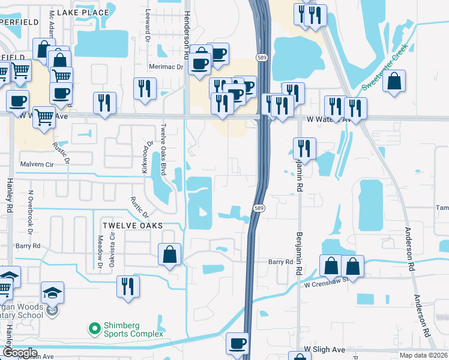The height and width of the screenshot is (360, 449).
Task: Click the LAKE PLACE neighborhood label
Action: click(x=85, y=12)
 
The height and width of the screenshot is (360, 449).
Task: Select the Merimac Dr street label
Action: click(x=166, y=67)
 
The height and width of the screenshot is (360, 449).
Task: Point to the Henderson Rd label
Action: click(x=187, y=33)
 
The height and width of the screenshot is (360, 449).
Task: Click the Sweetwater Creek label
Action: click(x=385, y=67)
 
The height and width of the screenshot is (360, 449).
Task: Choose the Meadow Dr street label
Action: click(x=100, y=251)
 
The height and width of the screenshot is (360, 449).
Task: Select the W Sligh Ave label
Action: click(x=324, y=349)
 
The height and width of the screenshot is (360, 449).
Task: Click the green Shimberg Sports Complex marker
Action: click(x=94, y=328)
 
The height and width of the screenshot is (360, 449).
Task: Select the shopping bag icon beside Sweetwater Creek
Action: click(x=394, y=82)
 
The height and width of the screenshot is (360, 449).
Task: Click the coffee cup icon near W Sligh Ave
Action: click(x=237, y=343)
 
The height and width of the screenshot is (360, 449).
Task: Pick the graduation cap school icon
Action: click(x=53, y=293)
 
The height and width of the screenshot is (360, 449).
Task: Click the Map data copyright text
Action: click(x=424, y=355)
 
